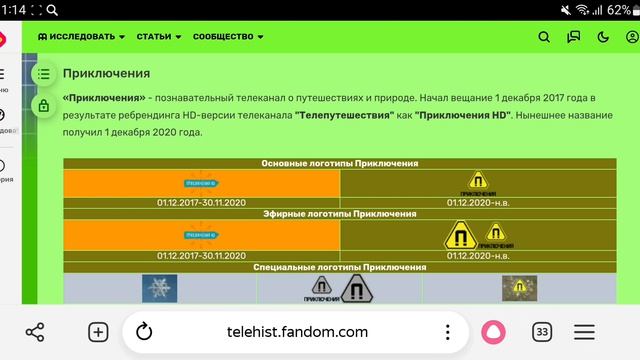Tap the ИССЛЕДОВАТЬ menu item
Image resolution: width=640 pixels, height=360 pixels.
coord(82,37)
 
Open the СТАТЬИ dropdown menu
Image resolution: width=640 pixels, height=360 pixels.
coord(158,37)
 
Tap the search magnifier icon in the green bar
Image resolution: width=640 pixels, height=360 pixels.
coord(544,37)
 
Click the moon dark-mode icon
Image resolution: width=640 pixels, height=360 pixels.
coord(603,37)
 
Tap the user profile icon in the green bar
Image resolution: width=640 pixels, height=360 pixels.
coord(632,37)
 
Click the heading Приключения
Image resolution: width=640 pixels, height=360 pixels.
coord(106,73)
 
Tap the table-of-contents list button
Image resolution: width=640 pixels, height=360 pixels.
coord(43,73)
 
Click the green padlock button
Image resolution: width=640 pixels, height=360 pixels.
coord(43,105)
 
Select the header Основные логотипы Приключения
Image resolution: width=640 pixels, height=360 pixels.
coord(340,163)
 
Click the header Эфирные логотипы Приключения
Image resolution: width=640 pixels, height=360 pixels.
coord(340,213)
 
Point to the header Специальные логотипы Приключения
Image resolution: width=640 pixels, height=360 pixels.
coord(340,267)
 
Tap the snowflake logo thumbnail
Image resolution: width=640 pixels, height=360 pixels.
coord(159,288)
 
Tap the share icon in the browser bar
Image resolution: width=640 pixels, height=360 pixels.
coord(35,332)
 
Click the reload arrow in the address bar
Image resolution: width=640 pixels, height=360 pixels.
coord(143,332)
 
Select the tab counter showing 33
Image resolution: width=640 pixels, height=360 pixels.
coord(542,332)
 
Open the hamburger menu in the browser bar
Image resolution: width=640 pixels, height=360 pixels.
coord(585,332)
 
